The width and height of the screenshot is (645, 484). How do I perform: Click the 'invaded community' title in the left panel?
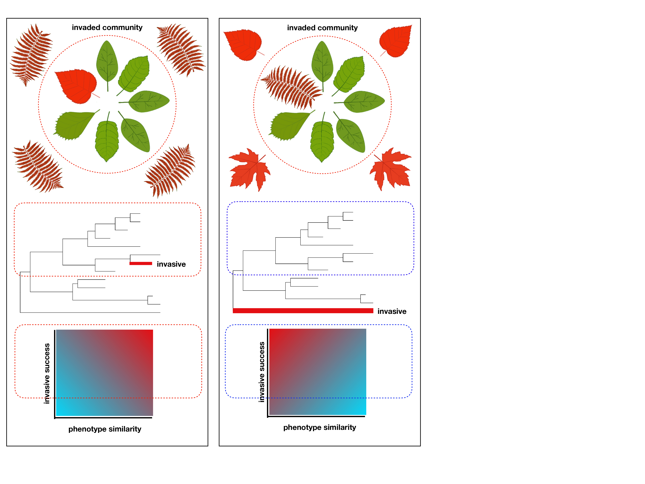point(107,27)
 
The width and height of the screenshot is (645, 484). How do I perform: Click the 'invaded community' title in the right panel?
point(322,28)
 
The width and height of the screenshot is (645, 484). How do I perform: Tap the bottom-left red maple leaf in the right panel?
point(249,170)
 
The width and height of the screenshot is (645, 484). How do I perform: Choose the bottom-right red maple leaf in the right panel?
point(391,169)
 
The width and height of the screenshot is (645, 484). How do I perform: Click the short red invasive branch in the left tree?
point(141,263)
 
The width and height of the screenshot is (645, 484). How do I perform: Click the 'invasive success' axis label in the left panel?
point(47,373)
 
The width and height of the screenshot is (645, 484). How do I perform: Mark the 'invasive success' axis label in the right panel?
point(262,372)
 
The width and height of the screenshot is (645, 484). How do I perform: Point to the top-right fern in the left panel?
point(181,50)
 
